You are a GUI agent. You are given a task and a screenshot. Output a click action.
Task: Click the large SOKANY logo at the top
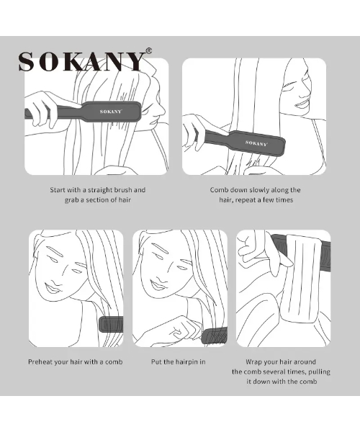(81, 61)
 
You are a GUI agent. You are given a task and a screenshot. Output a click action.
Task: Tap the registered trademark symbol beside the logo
(148, 51)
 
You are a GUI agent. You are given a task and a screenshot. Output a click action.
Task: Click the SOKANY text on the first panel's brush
(110, 112)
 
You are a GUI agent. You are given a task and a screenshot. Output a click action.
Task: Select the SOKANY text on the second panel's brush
(256, 143)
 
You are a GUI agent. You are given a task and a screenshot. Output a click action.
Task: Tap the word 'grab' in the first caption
(71, 200)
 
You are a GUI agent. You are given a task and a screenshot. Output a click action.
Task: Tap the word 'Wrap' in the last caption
(253, 361)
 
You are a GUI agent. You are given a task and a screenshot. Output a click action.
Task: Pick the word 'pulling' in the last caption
(319, 372)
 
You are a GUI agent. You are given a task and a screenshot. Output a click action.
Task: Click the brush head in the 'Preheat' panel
(112, 325)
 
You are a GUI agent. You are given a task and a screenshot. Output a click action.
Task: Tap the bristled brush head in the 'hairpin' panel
(215, 336)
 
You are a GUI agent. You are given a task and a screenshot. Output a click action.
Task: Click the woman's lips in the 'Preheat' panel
(52, 289)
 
